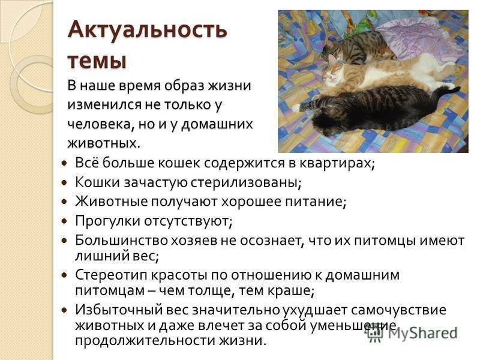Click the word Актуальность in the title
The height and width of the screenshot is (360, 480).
(x=147, y=29)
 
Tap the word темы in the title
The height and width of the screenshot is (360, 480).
(x=97, y=61)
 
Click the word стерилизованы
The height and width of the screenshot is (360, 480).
(x=244, y=183)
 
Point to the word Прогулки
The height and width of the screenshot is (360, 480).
(x=107, y=221)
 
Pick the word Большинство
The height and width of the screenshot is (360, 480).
(x=121, y=241)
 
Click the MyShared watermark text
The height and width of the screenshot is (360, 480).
(x=422, y=333)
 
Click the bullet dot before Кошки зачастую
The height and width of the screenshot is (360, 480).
(x=64, y=183)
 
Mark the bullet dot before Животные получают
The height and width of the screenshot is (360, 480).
(x=64, y=202)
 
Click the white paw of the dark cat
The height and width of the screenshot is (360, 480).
(x=296, y=107)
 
